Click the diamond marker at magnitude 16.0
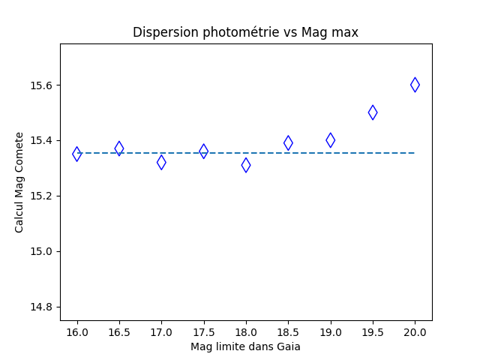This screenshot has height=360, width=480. [x=77, y=154]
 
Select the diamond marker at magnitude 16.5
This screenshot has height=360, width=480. [x=119, y=148]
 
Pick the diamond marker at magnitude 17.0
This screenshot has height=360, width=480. [x=161, y=162]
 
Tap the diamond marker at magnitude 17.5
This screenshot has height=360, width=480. [x=203, y=151]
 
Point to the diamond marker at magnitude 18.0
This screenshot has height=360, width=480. [x=246, y=165]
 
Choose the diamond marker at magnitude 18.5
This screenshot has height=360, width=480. [x=288, y=142]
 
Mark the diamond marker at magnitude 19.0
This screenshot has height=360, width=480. [x=330, y=139]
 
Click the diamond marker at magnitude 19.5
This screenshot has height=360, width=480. [x=373, y=112]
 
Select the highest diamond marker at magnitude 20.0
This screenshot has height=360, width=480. [x=415, y=85]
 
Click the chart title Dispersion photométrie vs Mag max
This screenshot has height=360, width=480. [x=245, y=32]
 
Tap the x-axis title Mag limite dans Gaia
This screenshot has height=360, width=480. [x=245, y=346]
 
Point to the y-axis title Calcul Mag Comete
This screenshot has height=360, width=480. [x=19, y=182]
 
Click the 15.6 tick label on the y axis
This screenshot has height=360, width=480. [x=42, y=85]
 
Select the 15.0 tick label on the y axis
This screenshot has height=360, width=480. [x=42, y=251]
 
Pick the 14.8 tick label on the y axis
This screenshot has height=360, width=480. [x=42, y=307]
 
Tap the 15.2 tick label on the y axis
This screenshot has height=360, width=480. [x=42, y=196]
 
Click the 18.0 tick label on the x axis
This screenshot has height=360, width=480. [x=246, y=332]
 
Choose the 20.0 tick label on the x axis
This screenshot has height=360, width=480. [x=415, y=332]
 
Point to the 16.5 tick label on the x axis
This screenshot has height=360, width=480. [x=119, y=332]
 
